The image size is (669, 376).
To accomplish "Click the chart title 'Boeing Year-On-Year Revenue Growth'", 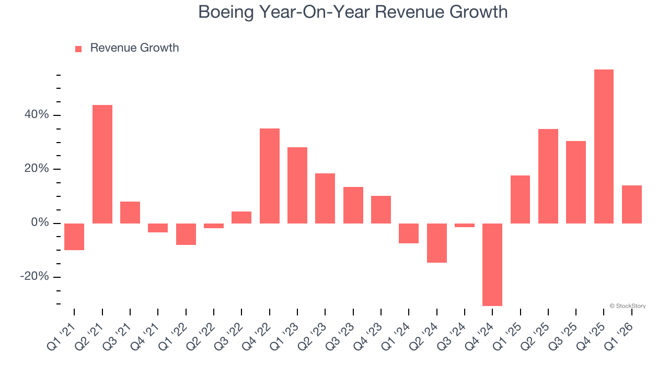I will coord(353,11).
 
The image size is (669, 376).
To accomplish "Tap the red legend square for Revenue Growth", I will coord(78,49).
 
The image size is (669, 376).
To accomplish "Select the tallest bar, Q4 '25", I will coord(604,146).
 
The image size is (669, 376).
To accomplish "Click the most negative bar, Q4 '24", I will coord(492,264).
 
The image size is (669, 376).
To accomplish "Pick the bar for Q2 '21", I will coord(102,164).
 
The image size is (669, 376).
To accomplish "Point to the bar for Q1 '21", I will coord(74,237).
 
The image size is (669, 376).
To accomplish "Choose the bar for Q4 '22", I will coord(270,176).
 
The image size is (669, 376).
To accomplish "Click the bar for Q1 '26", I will coord(632,204).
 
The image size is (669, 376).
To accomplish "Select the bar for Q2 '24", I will coord(437,243).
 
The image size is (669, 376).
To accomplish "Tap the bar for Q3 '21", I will coord(130,213).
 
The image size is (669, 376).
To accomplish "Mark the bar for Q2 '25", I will coord(548,176).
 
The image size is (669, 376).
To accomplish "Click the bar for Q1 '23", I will coord(297,185).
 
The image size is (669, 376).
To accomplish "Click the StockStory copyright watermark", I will coord(627,306).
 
